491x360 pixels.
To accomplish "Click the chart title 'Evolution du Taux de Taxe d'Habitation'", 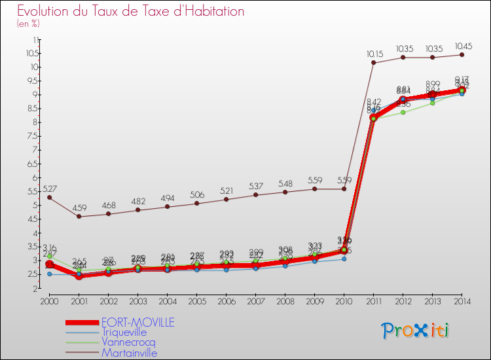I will [x=131, y=11].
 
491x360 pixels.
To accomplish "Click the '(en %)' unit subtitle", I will [x=29, y=24].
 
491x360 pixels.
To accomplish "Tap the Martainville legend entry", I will [x=129, y=353].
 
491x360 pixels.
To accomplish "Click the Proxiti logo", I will [x=416, y=331].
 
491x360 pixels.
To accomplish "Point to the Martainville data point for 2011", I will [x=373, y=63].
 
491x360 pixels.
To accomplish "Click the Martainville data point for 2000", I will [x=49, y=197].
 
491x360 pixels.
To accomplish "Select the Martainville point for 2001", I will [x=79, y=216].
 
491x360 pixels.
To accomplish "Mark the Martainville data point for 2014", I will [x=462, y=54].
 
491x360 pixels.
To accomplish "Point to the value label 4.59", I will [x=79, y=207].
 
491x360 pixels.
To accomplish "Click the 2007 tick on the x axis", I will [x=255, y=301].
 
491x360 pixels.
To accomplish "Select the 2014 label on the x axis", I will [x=462, y=301].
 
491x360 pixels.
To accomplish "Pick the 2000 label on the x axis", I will [x=49, y=301].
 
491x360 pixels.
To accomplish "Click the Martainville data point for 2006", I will [x=226, y=199].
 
